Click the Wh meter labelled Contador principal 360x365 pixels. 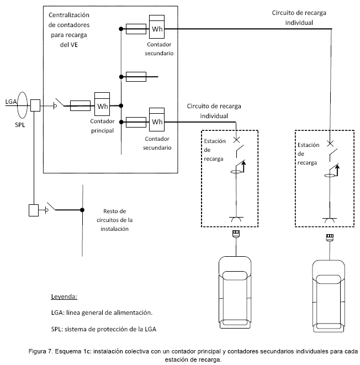pyautogui.click(x=102, y=104)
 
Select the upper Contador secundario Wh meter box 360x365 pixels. pyautogui.click(x=157, y=27)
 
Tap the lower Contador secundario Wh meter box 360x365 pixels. pyautogui.click(x=157, y=119)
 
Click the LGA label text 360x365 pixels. pyautogui.click(x=11, y=102)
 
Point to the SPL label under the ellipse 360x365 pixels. pyautogui.click(x=20, y=125)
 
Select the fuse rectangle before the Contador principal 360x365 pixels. pyautogui.click(x=80, y=105)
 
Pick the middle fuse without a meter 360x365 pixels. pyautogui.click(x=136, y=77)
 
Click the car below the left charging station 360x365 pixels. pyautogui.click(x=235, y=292)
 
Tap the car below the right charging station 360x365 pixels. pyautogui.click(x=329, y=296)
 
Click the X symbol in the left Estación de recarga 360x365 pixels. pyautogui.click(x=236, y=140)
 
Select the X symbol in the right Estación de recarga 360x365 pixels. pyautogui.click(x=330, y=144)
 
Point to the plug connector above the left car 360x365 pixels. pyautogui.click(x=236, y=234)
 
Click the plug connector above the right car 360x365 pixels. pyautogui.click(x=330, y=237)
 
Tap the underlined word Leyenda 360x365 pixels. pyautogui.click(x=64, y=297)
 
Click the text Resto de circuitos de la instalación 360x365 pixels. pyautogui.click(x=114, y=220)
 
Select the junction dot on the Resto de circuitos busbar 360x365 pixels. pyautogui.click(x=82, y=210)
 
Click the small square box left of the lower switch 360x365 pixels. pyautogui.click(x=34, y=210)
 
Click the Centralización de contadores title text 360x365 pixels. pyautogui.click(x=69, y=30)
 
